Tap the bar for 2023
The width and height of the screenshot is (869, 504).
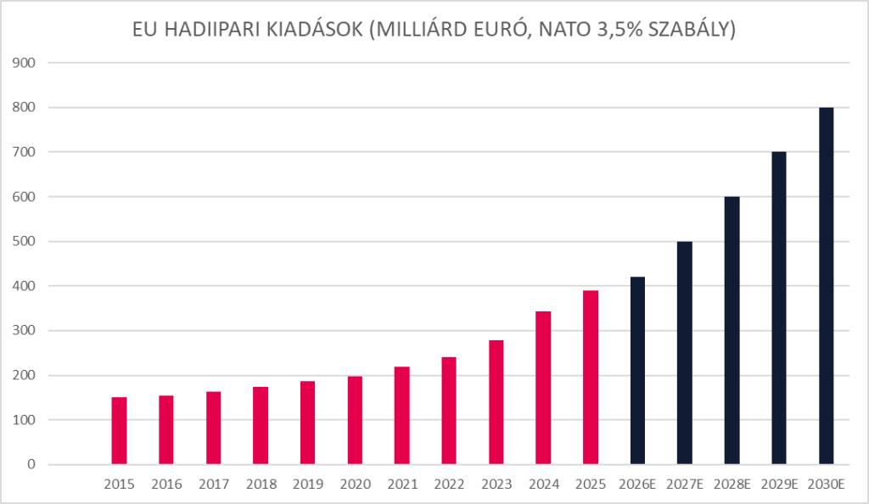coord(496,403)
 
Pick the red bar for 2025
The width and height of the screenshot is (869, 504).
coord(591,378)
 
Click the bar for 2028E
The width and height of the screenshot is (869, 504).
coord(732,331)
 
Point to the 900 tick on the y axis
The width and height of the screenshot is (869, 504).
coord(25,63)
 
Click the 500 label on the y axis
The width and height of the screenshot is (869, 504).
coord(25,242)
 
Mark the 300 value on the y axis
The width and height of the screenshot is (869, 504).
coord(25,331)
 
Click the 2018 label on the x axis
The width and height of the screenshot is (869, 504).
coord(261,485)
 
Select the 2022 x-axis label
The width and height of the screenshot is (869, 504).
coord(449,485)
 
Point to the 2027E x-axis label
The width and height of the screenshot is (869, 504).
coord(684,485)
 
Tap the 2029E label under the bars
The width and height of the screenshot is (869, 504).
coord(778,485)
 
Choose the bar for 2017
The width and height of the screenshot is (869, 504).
coord(214,428)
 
